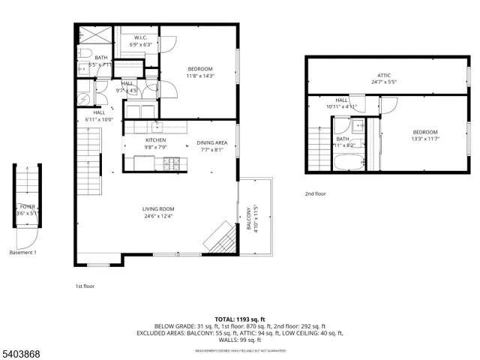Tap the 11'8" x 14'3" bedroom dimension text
click(x=200, y=76)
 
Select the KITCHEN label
click(x=155, y=140)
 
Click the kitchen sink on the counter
click(x=157, y=125)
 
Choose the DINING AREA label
click(x=211, y=142)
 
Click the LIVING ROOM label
click(x=158, y=209)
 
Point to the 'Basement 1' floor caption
click(x=23, y=252)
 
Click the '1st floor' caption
click(x=85, y=286)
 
